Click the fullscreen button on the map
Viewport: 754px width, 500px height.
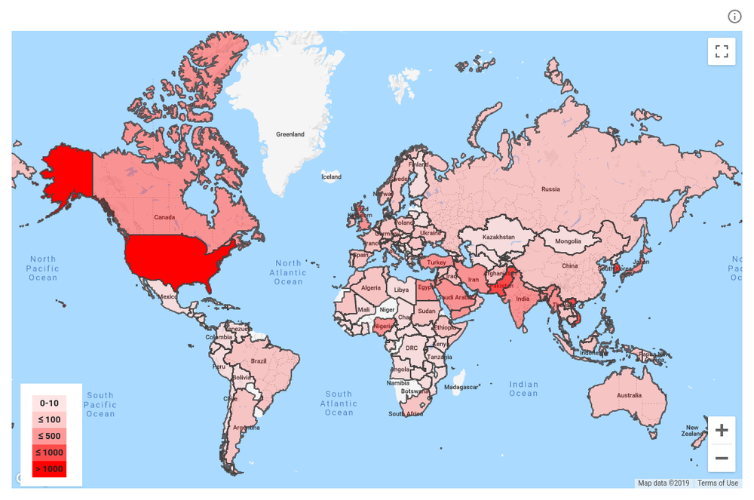click(x=722, y=51)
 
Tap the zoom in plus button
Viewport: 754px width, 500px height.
click(x=722, y=431)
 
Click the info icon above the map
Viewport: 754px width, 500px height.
click(x=734, y=17)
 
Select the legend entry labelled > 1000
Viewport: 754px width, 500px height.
click(x=49, y=469)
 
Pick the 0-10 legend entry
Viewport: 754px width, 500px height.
click(x=49, y=403)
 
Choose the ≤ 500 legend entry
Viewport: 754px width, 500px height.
click(x=49, y=436)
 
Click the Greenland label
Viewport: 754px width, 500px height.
click(x=290, y=134)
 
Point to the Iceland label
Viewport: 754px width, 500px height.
click(x=331, y=177)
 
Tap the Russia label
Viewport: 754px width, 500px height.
click(x=550, y=189)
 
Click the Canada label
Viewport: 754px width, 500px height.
click(x=164, y=217)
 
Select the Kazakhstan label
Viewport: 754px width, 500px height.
click(x=498, y=237)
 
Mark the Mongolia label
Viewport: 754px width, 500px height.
click(x=568, y=241)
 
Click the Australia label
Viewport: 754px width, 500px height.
click(x=630, y=395)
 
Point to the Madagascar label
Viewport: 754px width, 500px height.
click(x=461, y=387)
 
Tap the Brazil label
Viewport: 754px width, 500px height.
click(x=259, y=361)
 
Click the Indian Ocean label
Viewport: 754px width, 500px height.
click(x=523, y=389)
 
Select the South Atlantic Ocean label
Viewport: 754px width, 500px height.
click(x=339, y=403)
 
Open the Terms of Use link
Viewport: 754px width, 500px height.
click(x=717, y=483)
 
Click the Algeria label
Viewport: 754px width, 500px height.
click(x=371, y=288)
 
